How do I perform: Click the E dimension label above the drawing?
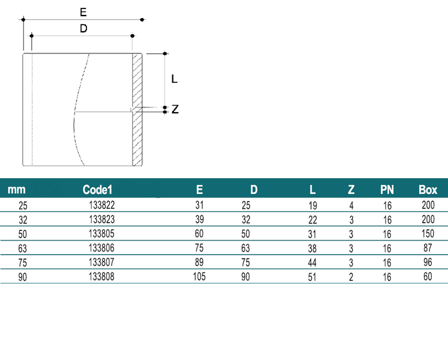tap(83, 12)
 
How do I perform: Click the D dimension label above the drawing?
tap(83, 29)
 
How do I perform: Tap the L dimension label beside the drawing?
tap(174, 79)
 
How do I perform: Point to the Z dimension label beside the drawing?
tap(175, 109)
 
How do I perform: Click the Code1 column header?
tap(97, 190)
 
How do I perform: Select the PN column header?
tap(387, 190)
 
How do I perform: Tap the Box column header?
tap(428, 190)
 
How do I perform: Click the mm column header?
tap(16, 190)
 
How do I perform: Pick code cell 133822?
tap(101, 205)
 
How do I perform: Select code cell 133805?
tap(101, 233)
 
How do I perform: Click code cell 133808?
tap(101, 277)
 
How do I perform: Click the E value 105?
tap(199, 277)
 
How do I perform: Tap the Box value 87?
tap(428, 248)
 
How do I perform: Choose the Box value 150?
tap(428, 233)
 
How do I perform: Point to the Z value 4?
tap(351, 206)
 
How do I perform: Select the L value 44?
tap(312, 263)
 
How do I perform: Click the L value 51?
tap(312, 277)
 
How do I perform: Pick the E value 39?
tap(199, 219)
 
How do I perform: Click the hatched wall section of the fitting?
tap(137, 109)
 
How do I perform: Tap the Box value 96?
tap(428, 262)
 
